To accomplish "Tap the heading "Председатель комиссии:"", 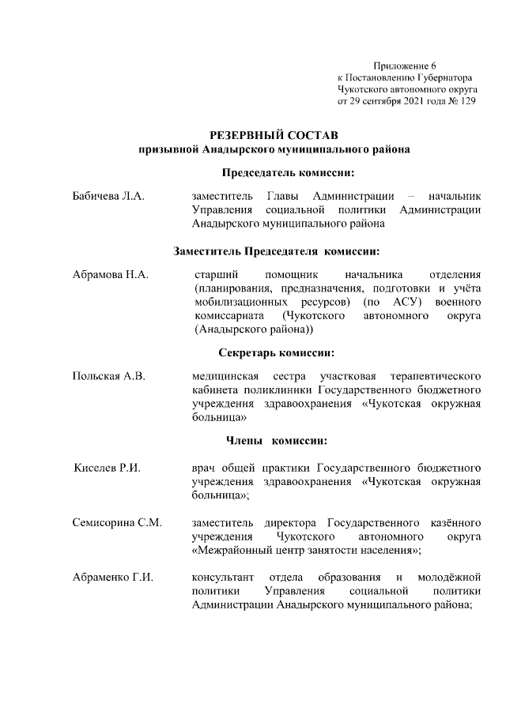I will click(285, 172).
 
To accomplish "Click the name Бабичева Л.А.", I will click(108, 195).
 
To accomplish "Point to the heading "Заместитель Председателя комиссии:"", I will click(277, 251).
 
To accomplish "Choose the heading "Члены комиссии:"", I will click(271, 439).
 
